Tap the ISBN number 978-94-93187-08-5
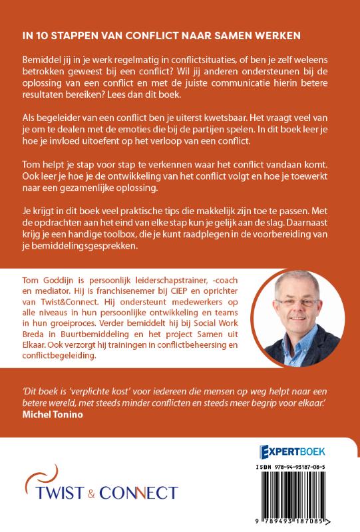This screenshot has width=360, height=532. coord(305,467)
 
